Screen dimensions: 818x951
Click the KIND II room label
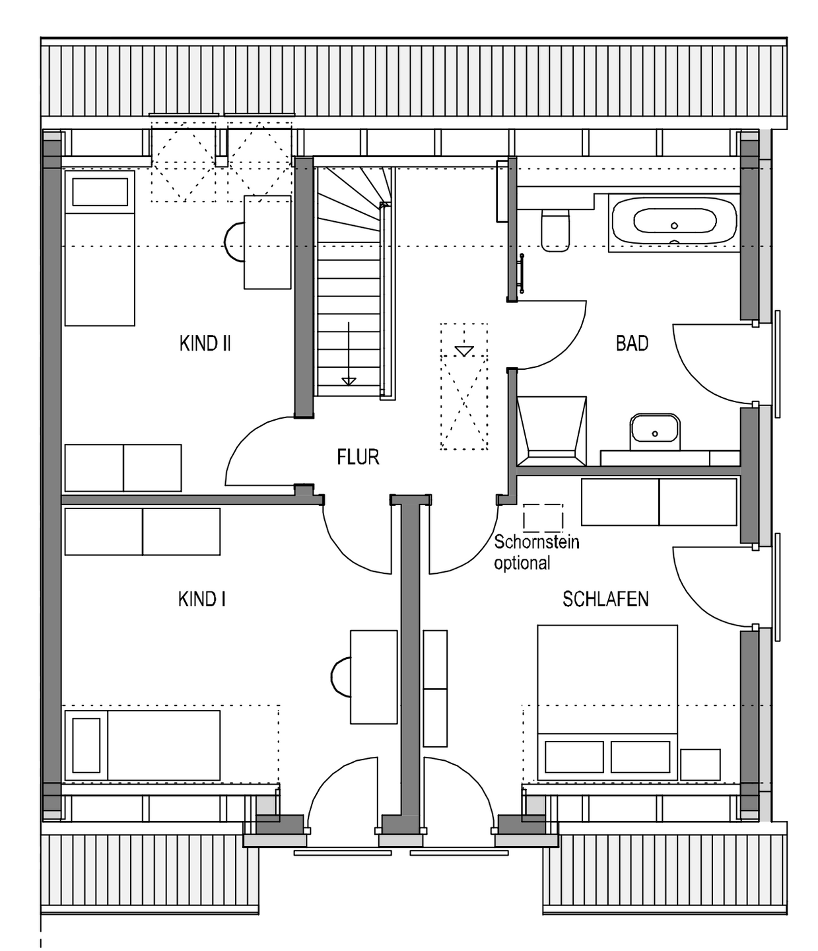pyautogui.click(x=205, y=343)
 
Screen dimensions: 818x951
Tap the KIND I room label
pyautogui.click(x=201, y=600)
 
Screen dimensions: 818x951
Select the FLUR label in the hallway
pyautogui.click(x=358, y=457)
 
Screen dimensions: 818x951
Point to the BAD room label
pyautogui.click(x=632, y=343)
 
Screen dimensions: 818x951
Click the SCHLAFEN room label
pyautogui.click(x=605, y=599)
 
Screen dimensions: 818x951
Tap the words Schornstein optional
pyautogui.click(x=537, y=553)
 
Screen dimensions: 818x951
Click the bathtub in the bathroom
pyautogui.click(x=674, y=223)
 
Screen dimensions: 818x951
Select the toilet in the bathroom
pyautogui.click(x=556, y=230)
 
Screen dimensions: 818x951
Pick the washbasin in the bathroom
pyautogui.click(x=655, y=431)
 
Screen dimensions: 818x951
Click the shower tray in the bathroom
pyautogui.click(x=552, y=431)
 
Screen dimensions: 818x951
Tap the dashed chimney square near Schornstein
pyautogui.click(x=543, y=517)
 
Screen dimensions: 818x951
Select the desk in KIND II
pyautogui.click(x=267, y=242)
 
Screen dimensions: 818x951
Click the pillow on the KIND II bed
pyautogui.click(x=100, y=192)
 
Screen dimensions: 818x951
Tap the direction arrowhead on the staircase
pyautogui.click(x=349, y=381)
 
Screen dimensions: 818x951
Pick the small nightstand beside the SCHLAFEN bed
pyautogui.click(x=700, y=765)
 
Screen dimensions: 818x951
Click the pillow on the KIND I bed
pyautogui.click(x=86, y=746)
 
